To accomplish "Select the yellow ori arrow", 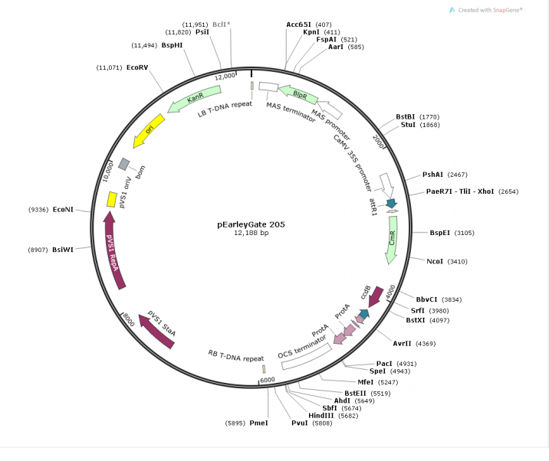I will click(150, 131).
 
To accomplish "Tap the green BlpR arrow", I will click(298, 95).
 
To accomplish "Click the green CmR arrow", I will click(392, 244).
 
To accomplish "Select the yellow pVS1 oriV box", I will click(112, 199).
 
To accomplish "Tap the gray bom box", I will click(123, 163).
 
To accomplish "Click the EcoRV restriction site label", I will click(137, 67).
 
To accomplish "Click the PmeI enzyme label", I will click(258, 423).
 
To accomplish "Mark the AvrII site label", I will click(403, 343).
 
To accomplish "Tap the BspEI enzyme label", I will click(440, 232).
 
